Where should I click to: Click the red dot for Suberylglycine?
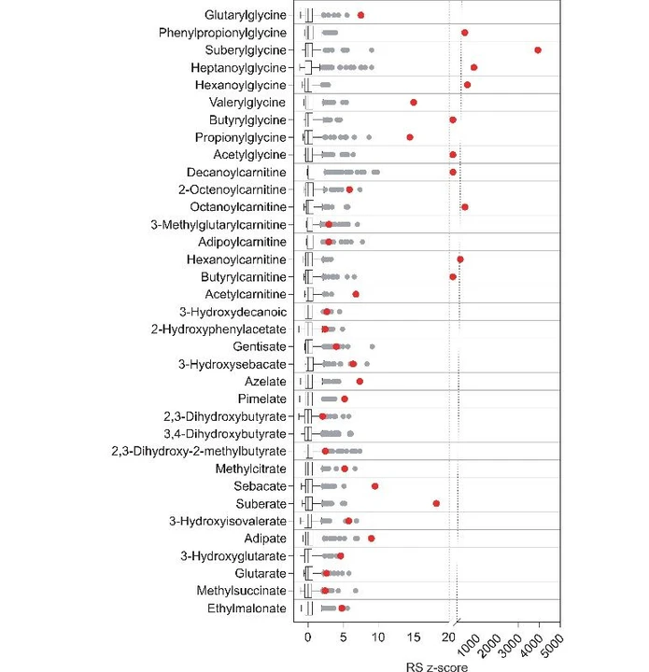pos(538,49)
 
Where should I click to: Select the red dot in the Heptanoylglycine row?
pos(474,67)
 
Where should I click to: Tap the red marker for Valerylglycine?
pos(414,103)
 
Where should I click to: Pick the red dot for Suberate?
pos(436,504)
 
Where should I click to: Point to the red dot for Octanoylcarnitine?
pos(465,207)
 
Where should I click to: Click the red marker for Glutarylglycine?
pos(361,15)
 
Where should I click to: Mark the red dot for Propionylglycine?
pos(410,137)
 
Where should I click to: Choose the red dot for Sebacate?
pos(375,486)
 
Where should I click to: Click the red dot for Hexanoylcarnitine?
pos(460,259)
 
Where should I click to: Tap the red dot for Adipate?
pos(372,539)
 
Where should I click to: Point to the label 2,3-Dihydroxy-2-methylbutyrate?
pos(206,452)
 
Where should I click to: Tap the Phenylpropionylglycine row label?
pos(222,33)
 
